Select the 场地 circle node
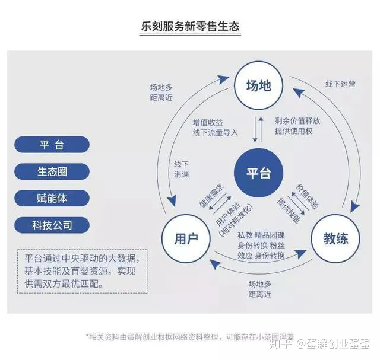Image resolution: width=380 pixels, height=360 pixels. [x=258, y=85]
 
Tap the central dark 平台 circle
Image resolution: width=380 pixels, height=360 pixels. [x=258, y=173]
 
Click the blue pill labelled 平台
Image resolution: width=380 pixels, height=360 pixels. [x=52, y=145]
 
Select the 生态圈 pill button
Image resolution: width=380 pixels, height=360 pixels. [x=52, y=171]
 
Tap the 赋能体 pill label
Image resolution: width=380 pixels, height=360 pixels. [x=52, y=197]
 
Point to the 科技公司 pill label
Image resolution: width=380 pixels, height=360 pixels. [x=52, y=225]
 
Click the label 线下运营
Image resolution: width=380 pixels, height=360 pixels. [x=341, y=84]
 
